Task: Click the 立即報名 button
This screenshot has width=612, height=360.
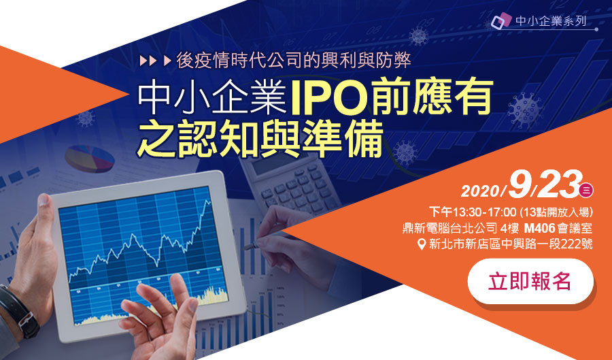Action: [x=530, y=281]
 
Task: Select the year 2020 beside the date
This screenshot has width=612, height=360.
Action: [x=481, y=191]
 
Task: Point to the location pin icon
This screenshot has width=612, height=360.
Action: [x=422, y=244]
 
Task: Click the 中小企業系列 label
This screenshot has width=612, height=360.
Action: [x=550, y=20]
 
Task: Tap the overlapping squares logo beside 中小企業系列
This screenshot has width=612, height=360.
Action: [x=501, y=20]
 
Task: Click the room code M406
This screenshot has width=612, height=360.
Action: [x=539, y=228]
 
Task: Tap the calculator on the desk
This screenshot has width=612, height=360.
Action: [x=290, y=183]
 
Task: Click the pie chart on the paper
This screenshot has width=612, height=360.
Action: [x=90, y=159]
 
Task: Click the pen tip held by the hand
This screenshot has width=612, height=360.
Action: [x=246, y=247]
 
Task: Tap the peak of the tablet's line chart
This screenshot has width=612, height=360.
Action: [x=206, y=200]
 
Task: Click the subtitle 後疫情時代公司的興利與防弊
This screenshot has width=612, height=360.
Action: [x=294, y=61]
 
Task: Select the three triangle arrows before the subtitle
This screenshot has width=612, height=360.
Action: [x=156, y=61]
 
